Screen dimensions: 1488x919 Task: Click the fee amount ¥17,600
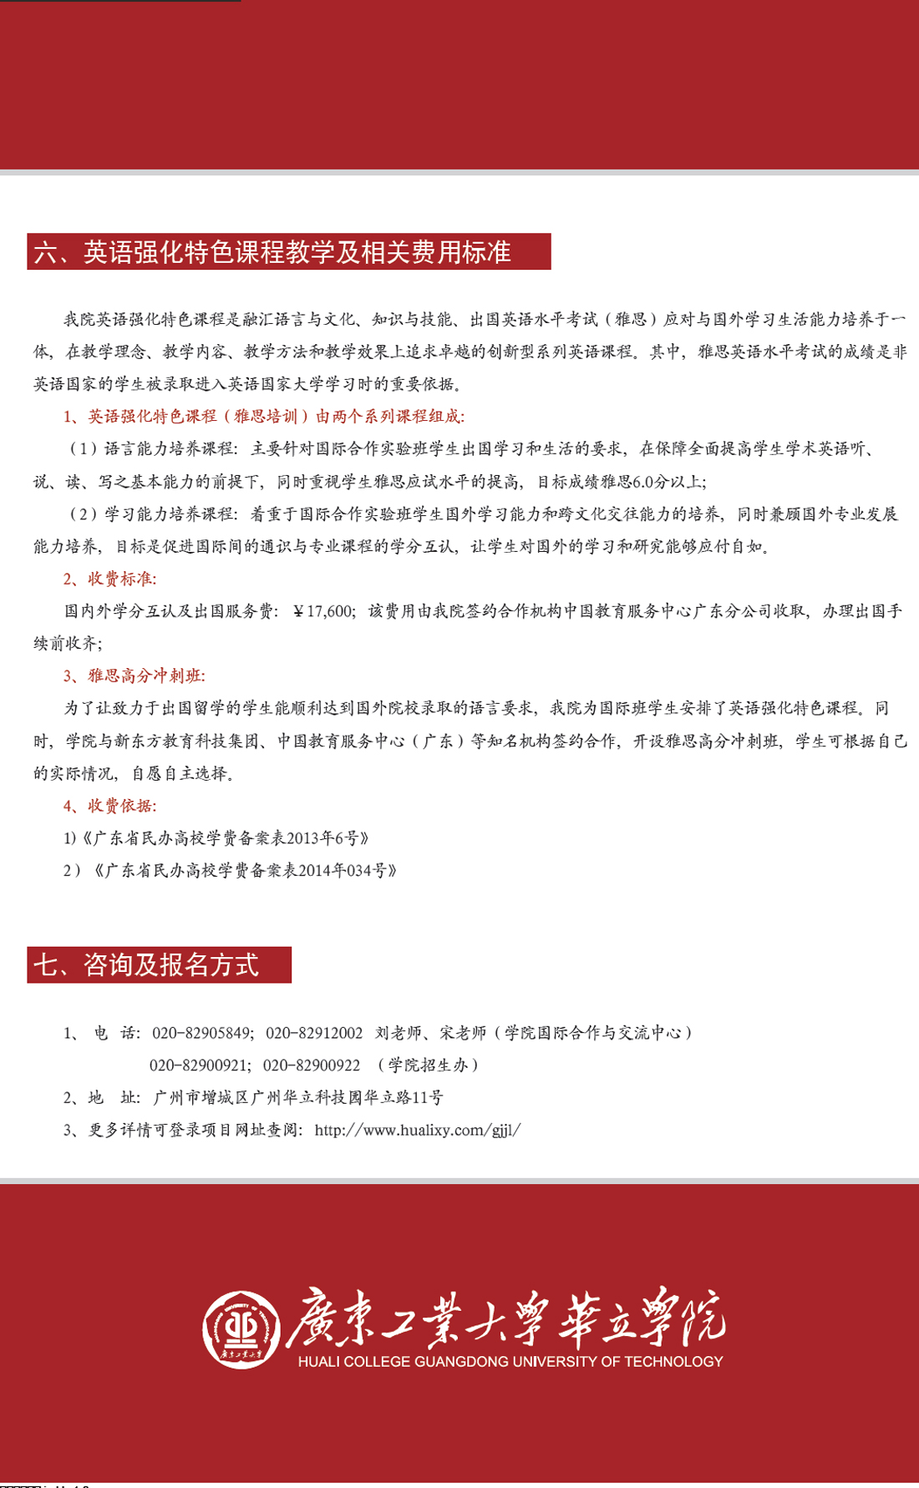[324, 611]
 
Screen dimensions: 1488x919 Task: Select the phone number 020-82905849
[201, 1034]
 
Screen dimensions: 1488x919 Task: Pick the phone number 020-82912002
[314, 1034]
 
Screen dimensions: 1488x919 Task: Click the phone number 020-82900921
[199, 1065]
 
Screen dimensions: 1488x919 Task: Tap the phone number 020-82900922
[312, 1065]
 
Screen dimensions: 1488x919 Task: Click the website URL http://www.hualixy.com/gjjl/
[418, 1131]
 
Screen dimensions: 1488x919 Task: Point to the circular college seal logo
[242, 1329]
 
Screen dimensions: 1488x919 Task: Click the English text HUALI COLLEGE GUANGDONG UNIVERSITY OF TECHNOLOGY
[510, 1362]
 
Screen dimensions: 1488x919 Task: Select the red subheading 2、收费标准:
[109, 579]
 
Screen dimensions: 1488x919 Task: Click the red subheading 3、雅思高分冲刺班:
[134, 676]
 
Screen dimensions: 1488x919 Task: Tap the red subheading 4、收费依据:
[109, 806]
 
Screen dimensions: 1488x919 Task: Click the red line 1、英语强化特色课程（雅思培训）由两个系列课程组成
[264, 417]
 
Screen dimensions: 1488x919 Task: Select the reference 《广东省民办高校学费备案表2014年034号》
[245, 871]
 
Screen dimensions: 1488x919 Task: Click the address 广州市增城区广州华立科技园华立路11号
[298, 1098]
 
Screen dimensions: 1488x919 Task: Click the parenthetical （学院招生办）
[429, 1065]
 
